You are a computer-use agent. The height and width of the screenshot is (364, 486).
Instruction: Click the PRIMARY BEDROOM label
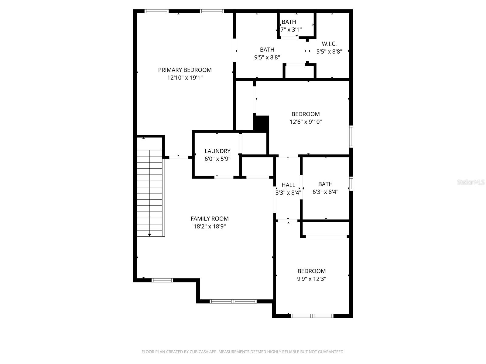tap(185, 70)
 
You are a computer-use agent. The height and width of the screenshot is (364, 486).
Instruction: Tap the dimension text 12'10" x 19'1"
tap(185, 78)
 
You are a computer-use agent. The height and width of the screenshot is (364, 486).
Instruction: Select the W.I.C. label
tap(329, 44)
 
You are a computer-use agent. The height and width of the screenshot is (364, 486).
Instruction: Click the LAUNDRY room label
tap(217, 151)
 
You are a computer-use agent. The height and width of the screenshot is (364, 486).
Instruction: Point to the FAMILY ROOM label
tap(210, 219)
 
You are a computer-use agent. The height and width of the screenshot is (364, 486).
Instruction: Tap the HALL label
tap(288, 185)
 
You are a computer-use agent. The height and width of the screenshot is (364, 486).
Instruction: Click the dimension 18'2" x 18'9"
tap(210, 226)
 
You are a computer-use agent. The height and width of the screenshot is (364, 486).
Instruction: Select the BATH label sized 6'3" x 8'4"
tap(325, 184)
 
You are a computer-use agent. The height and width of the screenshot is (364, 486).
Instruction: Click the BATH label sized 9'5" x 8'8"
tap(267, 50)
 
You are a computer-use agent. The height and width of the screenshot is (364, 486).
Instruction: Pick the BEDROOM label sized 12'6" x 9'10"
tap(306, 114)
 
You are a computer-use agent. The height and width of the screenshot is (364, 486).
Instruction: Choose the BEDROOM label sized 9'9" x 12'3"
tap(312, 271)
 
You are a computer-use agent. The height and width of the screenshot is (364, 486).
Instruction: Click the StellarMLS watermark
tap(471, 182)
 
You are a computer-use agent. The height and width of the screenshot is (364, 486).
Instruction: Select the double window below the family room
tap(233, 301)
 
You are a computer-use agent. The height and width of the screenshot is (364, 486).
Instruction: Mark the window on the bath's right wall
tap(351, 184)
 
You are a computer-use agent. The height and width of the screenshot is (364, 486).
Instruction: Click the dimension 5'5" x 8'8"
tap(329, 52)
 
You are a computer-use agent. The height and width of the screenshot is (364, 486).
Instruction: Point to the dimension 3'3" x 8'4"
tap(288, 193)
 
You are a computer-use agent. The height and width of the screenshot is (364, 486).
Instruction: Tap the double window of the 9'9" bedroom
tap(312, 316)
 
